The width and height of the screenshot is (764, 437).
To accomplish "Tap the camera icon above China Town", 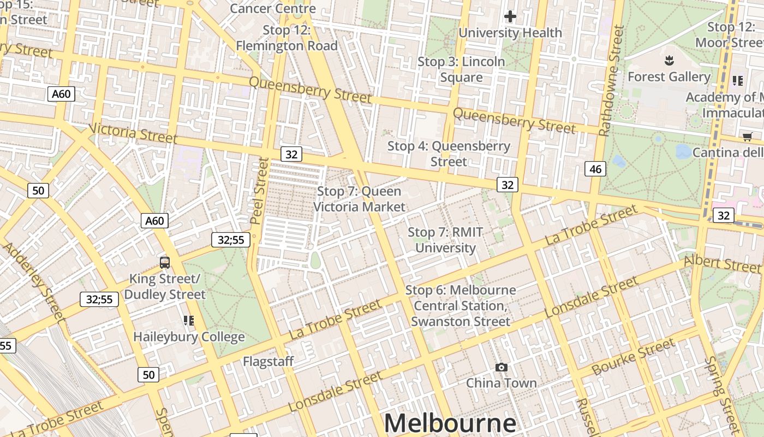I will pyautogui.click(x=501, y=368).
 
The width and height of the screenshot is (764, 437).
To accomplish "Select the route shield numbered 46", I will pyautogui.click(x=595, y=169).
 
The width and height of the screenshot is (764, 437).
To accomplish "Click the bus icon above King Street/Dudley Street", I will pyautogui.click(x=165, y=262).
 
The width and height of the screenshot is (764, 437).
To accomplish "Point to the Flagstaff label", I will pyautogui.click(x=268, y=361).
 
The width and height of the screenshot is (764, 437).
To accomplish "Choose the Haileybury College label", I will pyautogui.click(x=189, y=336).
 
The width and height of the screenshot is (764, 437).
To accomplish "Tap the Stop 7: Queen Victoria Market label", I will pyautogui.click(x=359, y=199).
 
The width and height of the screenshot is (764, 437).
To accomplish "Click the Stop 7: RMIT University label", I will pyautogui.click(x=445, y=240).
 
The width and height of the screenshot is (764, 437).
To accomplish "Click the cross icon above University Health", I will pyautogui.click(x=510, y=17).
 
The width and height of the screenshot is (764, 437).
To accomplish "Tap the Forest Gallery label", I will pyautogui.click(x=668, y=76).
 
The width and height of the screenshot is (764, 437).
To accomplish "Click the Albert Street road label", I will pyautogui.click(x=721, y=263).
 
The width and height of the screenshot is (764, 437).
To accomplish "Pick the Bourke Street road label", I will pyautogui.click(x=634, y=357).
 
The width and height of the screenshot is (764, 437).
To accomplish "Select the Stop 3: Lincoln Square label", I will pyautogui.click(x=461, y=69).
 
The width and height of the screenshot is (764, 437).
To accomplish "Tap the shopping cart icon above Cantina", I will pyautogui.click(x=747, y=137).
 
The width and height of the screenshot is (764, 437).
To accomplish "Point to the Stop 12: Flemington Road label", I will pyautogui.click(x=286, y=38).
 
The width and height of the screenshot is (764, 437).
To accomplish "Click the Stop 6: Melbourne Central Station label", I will pyautogui.click(x=461, y=305).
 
